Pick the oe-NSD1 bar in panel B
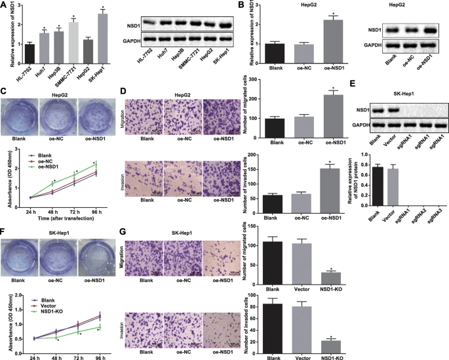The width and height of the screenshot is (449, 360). click(334, 40)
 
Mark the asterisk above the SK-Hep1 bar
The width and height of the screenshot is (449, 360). click(102, 9)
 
